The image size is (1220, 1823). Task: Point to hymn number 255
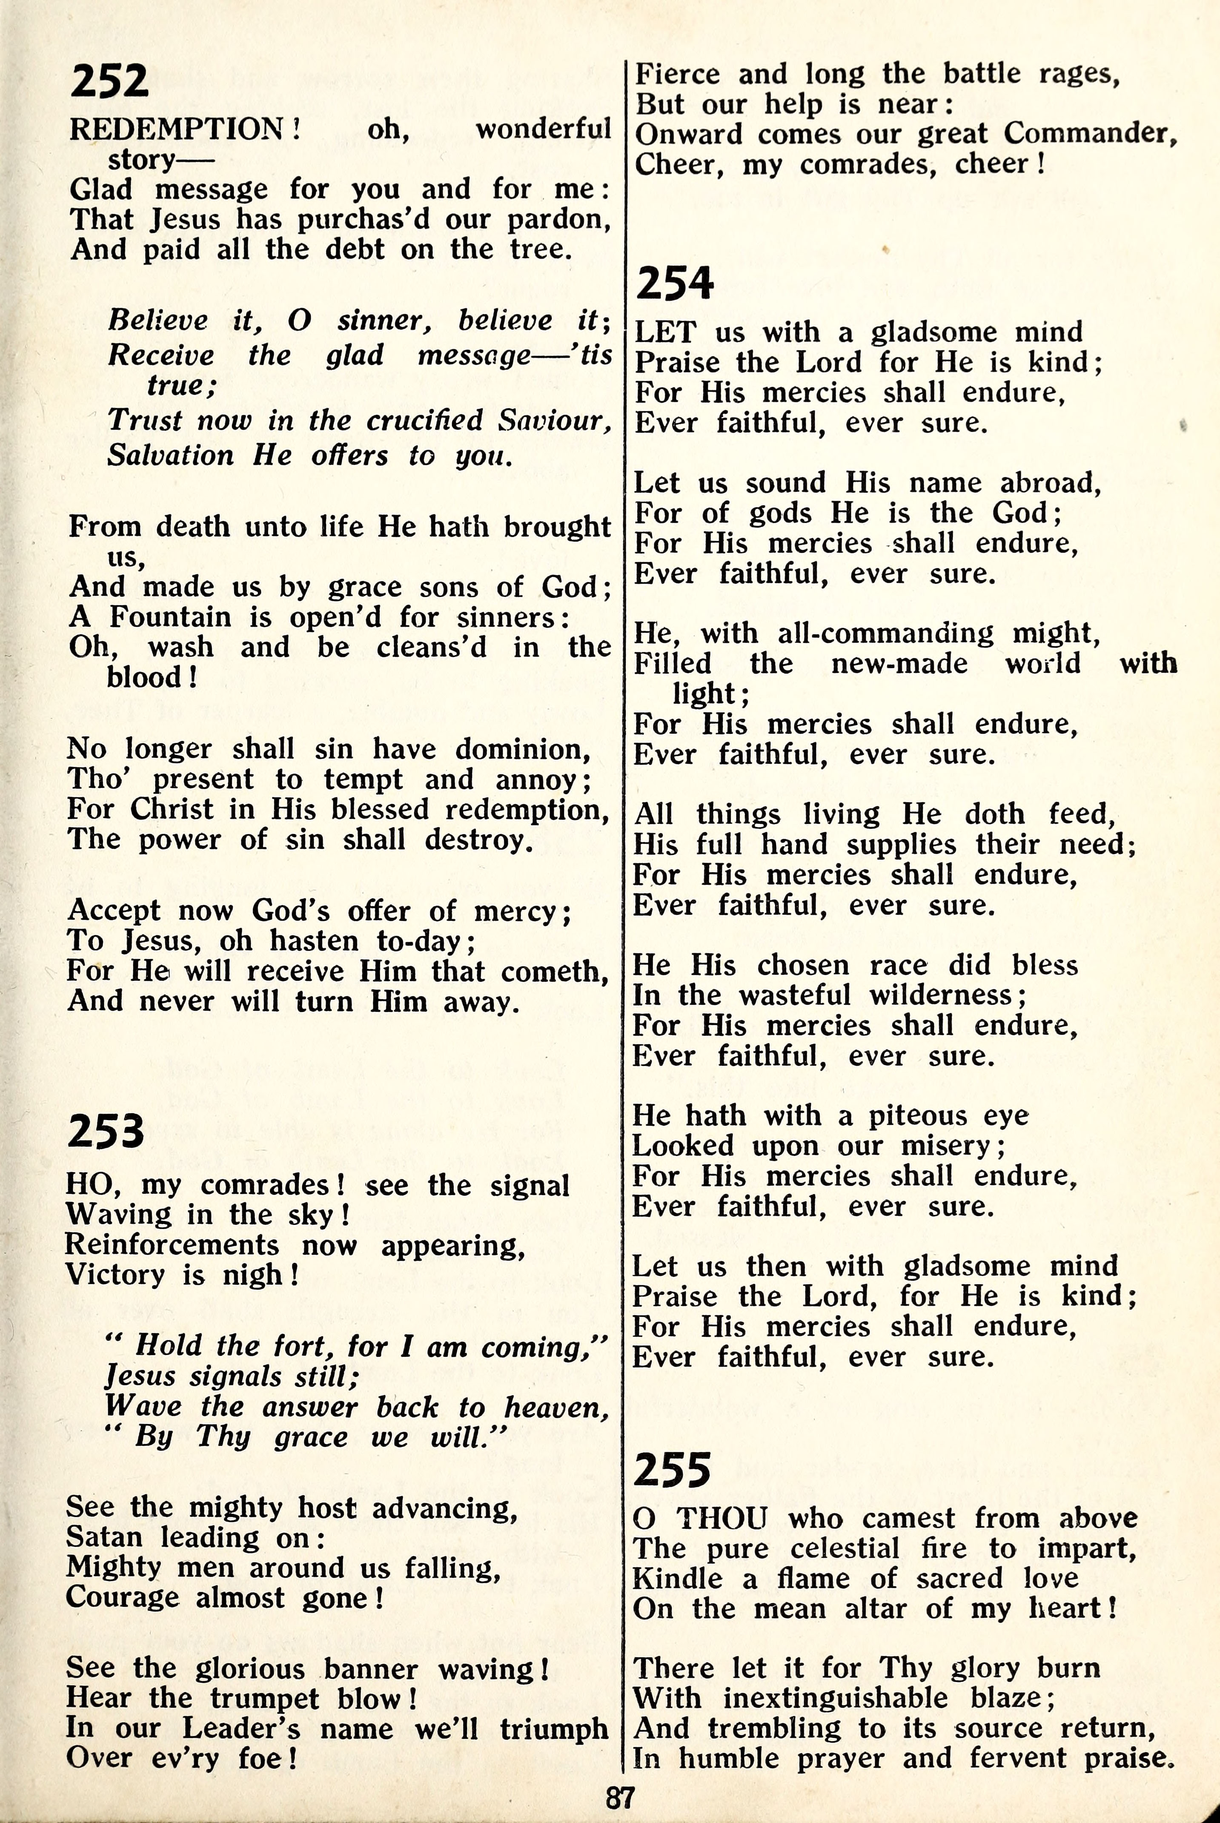pos(672,1470)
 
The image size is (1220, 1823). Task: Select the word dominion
pos(523,749)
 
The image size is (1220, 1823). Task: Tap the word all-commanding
pos(885,633)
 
